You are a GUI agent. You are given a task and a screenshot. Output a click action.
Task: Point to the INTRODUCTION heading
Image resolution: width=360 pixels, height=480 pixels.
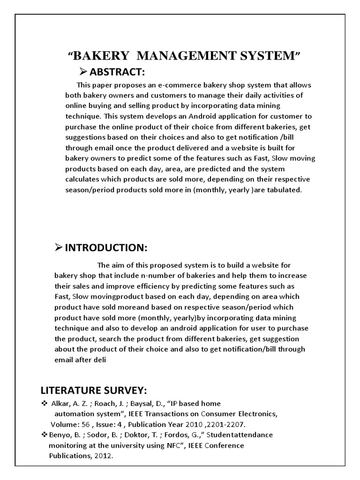106,247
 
